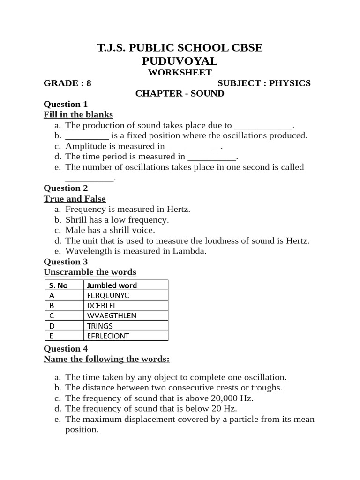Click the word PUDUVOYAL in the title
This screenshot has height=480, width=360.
[180, 61]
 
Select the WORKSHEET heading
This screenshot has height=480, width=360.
[180, 73]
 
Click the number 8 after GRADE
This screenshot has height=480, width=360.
[89, 83]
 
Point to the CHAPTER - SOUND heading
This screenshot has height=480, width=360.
[180, 94]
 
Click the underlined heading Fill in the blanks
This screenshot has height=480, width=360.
[78, 115]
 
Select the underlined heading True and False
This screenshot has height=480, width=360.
[75, 199]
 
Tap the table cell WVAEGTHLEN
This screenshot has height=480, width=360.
[112, 315]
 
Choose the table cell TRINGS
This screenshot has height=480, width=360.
[100, 326]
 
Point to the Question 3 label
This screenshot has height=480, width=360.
[66, 262]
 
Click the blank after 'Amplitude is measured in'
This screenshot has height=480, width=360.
[194, 147]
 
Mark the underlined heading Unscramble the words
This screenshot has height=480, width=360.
[90, 272]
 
